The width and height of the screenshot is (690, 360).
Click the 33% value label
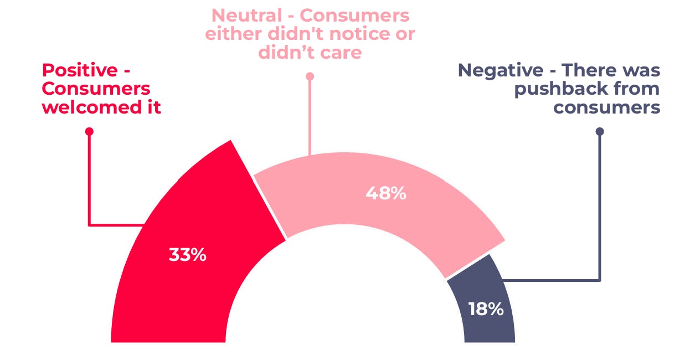[x=187, y=255]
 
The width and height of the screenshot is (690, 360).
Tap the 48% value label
[x=386, y=194]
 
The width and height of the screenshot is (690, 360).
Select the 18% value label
[x=486, y=309]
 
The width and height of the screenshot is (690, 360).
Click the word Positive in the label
[x=80, y=71]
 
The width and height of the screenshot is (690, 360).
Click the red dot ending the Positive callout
[x=89, y=131]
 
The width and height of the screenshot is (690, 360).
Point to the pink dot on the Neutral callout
[x=310, y=76]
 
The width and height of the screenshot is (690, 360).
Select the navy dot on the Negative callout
[x=600, y=131]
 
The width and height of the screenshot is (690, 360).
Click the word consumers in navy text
[x=607, y=106]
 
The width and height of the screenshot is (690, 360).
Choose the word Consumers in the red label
[x=96, y=89]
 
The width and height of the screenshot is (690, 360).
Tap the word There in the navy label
[x=590, y=71]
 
